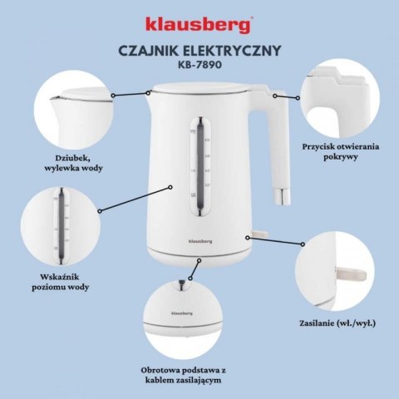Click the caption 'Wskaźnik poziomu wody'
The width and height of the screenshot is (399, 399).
click(64, 281)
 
